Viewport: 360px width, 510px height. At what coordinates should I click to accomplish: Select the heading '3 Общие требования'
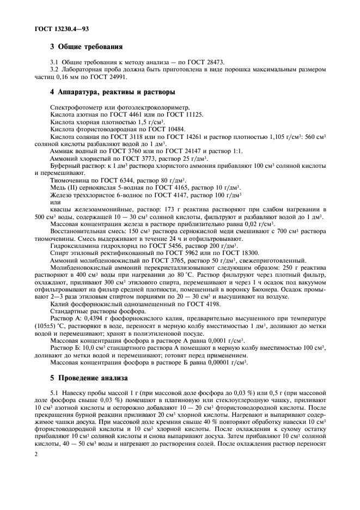tap(86, 48)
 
